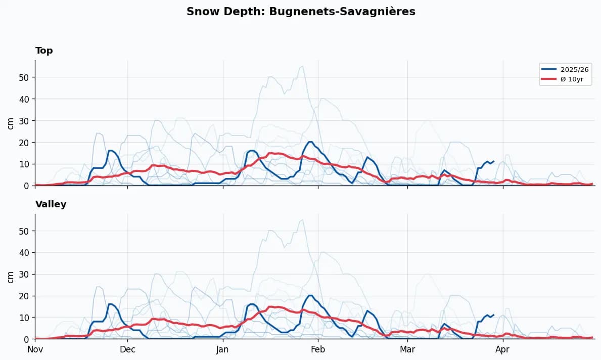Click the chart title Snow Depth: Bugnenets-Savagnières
click(301, 12)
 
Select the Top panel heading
click(44, 51)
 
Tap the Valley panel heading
click(51, 204)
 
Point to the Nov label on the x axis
click(35, 349)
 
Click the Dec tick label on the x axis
click(127, 349)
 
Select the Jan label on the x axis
click(223, 349)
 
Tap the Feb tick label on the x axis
click(318, 349)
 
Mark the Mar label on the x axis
click(407, 349)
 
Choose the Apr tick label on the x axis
click(502, 349)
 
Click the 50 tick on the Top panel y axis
click(24, 77)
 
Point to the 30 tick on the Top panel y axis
click(24, 121)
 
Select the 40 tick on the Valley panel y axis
click(24, 252)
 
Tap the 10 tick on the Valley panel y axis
click(24, 318)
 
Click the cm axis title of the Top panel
click(11, 123)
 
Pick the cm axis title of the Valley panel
click(11, 276)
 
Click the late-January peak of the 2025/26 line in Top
click(310, 142)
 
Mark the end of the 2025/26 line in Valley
click(493, 314)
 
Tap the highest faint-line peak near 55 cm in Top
click(302, 66)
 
